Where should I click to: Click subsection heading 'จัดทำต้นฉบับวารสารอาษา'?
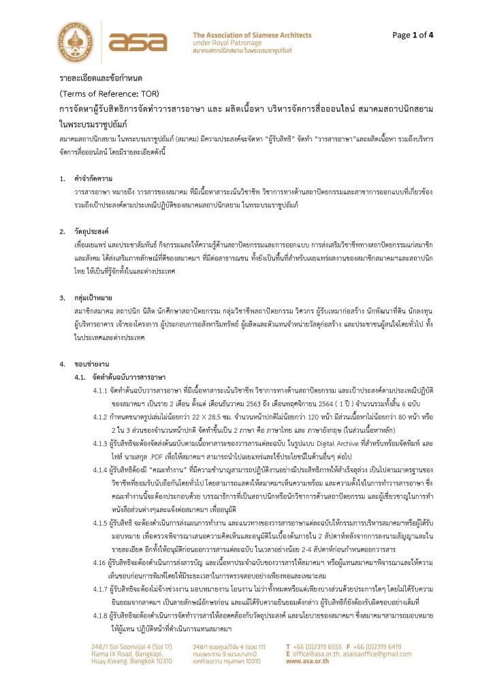(x=128, y=377)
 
